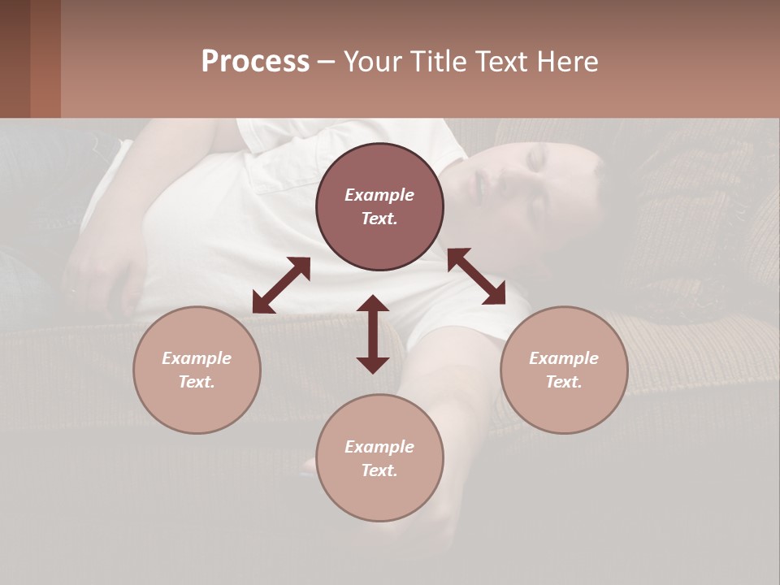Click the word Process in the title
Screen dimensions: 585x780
[x=255, y=62]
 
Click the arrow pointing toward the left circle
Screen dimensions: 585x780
[x=281, y=285]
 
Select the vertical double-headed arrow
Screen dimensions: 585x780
[x=373, y=334]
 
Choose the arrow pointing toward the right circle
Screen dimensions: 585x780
[x=477, y=276]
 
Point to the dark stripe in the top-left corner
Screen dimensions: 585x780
[x=45, y=58]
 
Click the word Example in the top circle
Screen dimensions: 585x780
[x=379, y=195]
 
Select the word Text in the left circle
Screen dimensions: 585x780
[x=197, y=382]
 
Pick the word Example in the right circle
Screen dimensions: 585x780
[x=564, y=358]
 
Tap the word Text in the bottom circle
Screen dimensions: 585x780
[x=379, y=470]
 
